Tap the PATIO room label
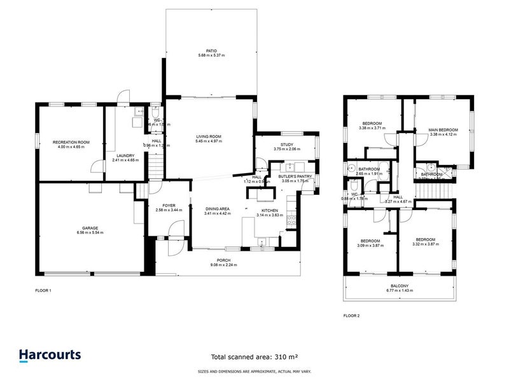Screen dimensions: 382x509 tap(212, 51)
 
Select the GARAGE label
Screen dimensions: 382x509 tap(90, 227)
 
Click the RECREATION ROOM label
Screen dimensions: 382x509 tap(71, 142)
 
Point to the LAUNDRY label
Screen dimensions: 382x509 tap(125, 155)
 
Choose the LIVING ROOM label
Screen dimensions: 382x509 tap(208, 136)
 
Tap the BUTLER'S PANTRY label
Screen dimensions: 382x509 tap(295, 176)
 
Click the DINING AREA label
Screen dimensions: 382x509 tap(217, 209)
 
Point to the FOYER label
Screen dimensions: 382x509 tap(169, 205)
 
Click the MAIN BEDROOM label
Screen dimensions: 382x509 tap(444, 130)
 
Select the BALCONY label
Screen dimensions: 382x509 tap(400, 286)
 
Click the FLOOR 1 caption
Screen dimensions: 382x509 tap(44, 290)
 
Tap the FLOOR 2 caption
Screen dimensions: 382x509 tap(351, 315)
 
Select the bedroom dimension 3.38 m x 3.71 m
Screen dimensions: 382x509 tap(372, 128)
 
